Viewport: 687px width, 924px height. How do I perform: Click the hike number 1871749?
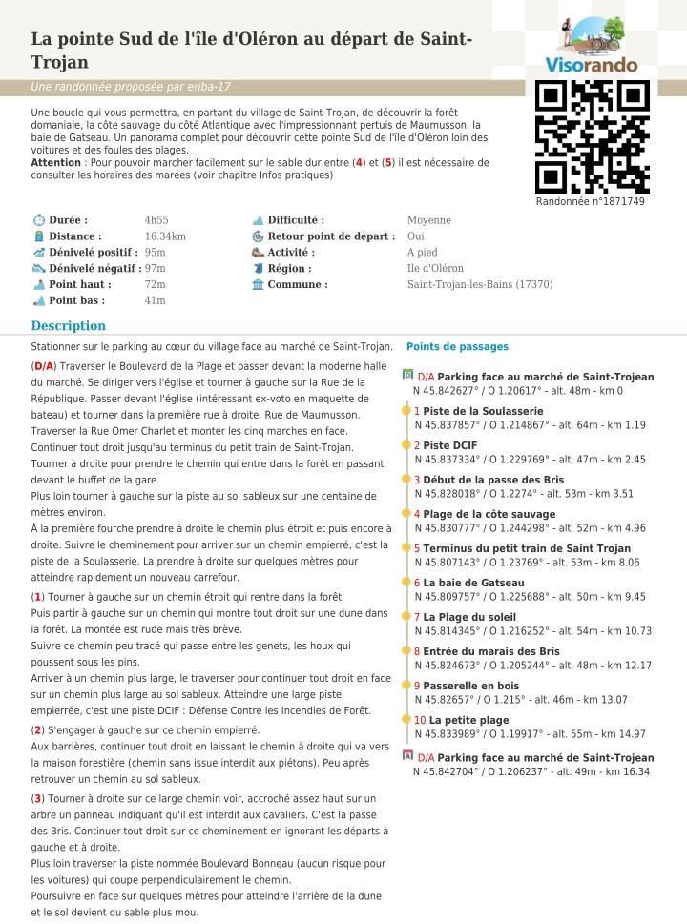click(x=590, y=201)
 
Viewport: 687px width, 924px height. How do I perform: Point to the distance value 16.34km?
click(x=165, y=236)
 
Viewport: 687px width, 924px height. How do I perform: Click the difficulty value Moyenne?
click(x=429, y=220)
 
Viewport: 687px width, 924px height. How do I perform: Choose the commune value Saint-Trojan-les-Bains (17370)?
click(x=480, y=284)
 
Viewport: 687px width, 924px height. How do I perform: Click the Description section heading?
click(x=68, y=325)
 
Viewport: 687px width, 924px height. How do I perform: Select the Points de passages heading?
click(x=457, y=347)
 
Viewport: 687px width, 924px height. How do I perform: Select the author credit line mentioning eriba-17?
click(x=131, y=88)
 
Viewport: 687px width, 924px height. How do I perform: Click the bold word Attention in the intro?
click(x=55, y=162)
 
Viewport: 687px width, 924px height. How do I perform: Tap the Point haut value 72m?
click(x=155, y=284)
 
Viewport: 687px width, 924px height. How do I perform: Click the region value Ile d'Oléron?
click(x=435, y=268)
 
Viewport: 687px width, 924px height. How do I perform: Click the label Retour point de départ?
click(x=331, y=236)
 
